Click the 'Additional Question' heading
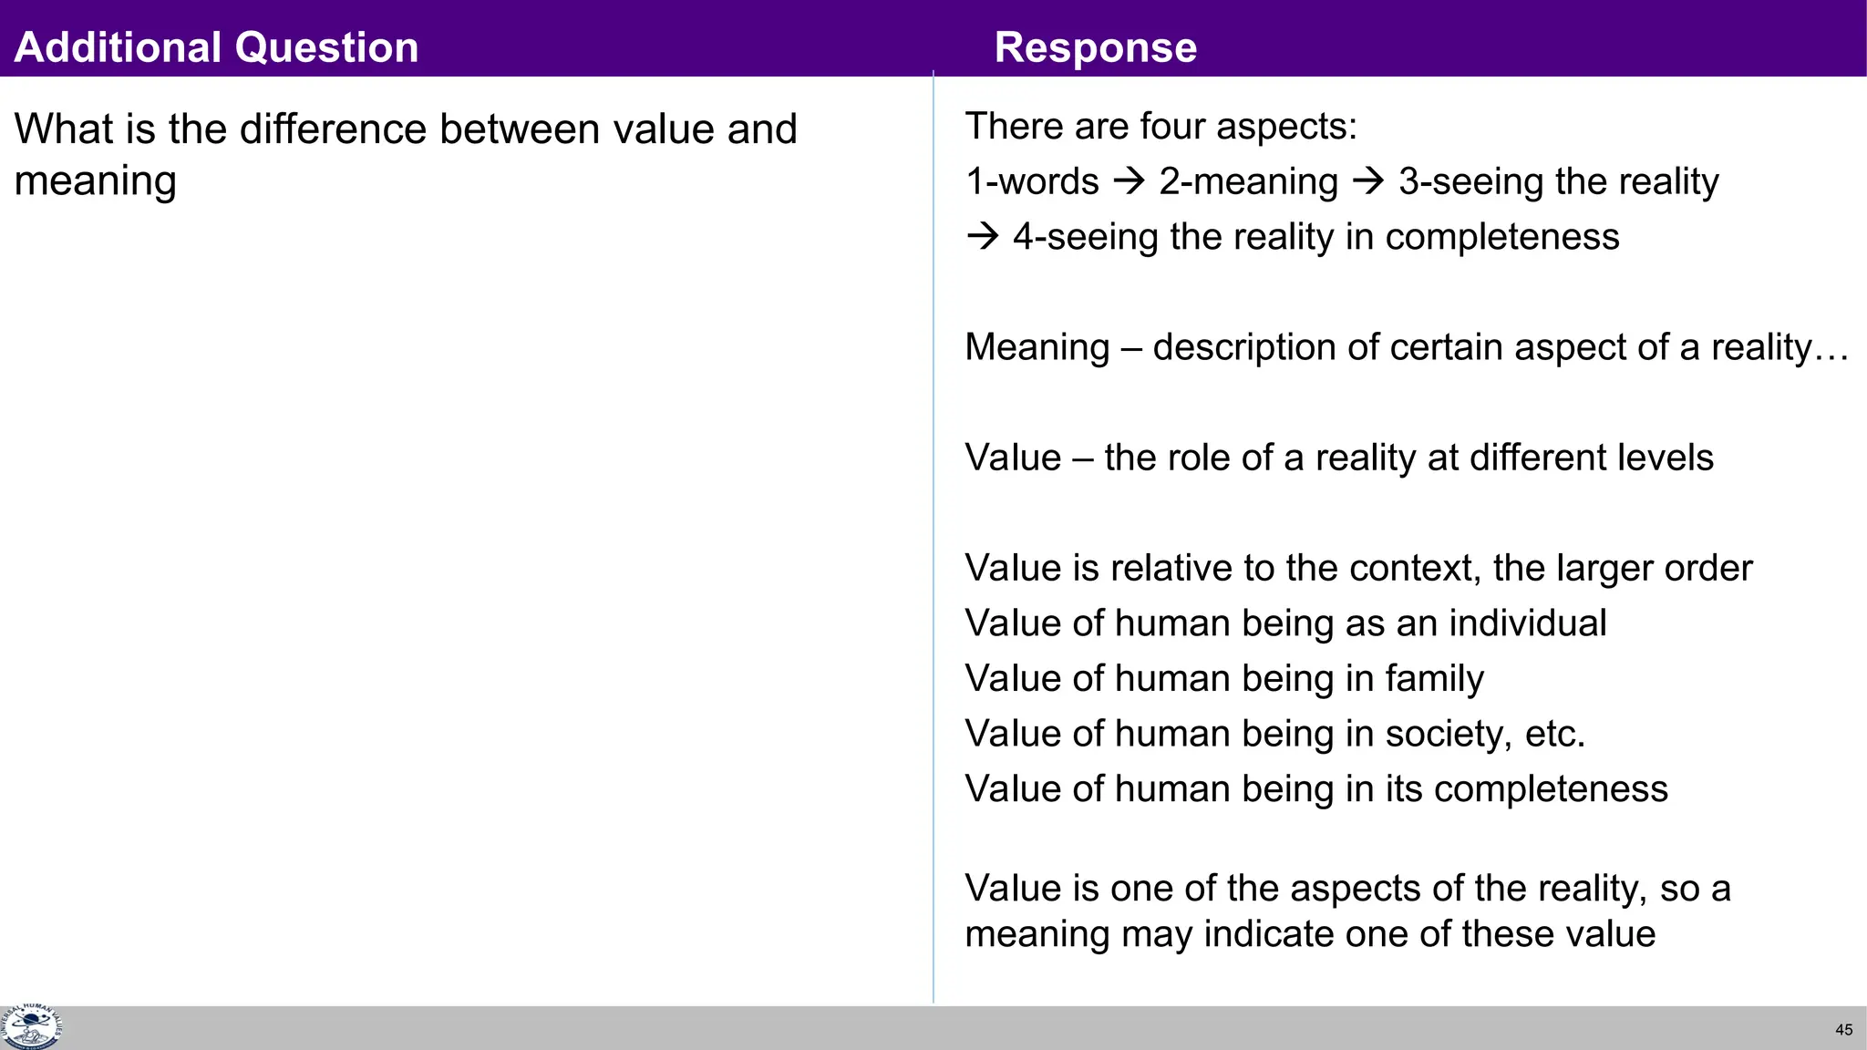click(x=216, y=47)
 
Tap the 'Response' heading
click(x=1095, y=47)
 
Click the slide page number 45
click(x=1843, y=1030)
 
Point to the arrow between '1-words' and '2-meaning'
click(x=1129, y=181)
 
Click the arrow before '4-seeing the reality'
click(x=983, y=237)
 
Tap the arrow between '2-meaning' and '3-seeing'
click(x=1368, y=181)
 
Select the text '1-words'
click(x=1032, y=181)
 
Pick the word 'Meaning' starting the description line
click(x=1037, y=348)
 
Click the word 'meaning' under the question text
click(x=95, y=181)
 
